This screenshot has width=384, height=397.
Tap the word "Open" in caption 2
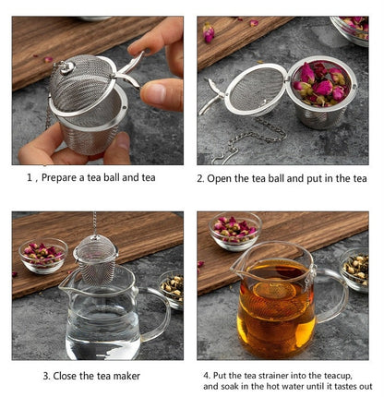click(222, 178)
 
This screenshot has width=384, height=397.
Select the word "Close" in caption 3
click(74, 376)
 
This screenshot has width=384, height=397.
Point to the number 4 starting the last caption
click(206, 375)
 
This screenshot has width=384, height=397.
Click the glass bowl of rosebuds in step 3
click(42, 254)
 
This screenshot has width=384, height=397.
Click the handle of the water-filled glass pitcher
click(157, 314)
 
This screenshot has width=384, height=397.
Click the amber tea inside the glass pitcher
click(274, 314)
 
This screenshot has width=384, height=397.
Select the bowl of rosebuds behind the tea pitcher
click(235, 231)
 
